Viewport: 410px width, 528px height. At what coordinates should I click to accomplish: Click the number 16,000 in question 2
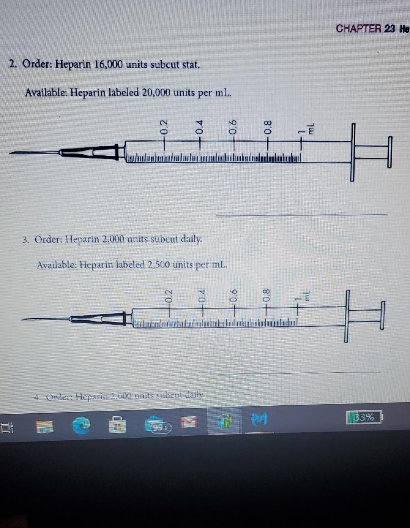108,65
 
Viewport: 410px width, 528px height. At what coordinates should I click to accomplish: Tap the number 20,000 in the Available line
156,93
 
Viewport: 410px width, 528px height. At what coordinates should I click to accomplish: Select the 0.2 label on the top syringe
164,126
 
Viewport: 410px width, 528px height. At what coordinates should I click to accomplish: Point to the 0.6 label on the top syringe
233,126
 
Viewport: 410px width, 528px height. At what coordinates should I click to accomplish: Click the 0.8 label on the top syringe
268,126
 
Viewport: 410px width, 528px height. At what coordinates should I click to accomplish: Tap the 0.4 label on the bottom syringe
202,296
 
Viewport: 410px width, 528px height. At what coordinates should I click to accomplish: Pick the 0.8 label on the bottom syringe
266,295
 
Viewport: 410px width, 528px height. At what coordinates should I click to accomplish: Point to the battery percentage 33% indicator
364,417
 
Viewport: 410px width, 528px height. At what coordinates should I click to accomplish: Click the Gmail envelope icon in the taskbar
189,422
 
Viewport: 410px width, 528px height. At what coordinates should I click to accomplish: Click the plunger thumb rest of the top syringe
389,152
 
